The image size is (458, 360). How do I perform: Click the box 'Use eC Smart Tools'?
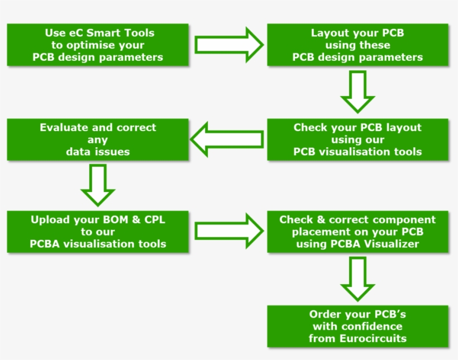pos(98,45)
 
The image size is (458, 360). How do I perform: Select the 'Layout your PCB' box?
pos(357,45)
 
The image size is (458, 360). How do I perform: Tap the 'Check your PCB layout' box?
pos(357,140)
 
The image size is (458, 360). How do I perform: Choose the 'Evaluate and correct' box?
pos(98,140)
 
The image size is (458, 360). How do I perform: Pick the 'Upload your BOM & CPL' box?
pos(98,232)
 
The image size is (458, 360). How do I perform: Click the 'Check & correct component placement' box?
pos(357,232)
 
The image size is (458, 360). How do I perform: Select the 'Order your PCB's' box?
pos(357,327)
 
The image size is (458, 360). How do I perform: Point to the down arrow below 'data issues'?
pos(98,185)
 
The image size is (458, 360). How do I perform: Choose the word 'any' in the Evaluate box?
pos(98,140)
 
